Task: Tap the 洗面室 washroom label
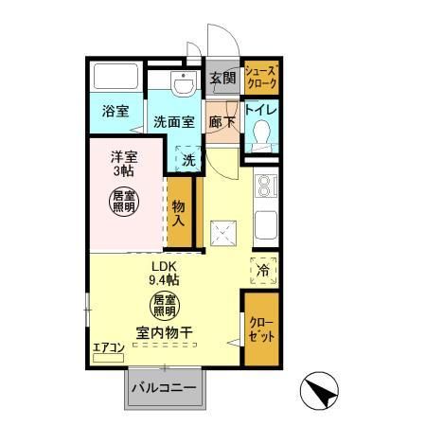(175, 121)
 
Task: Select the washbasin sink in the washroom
(181, 83)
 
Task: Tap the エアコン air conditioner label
(109, 347)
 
